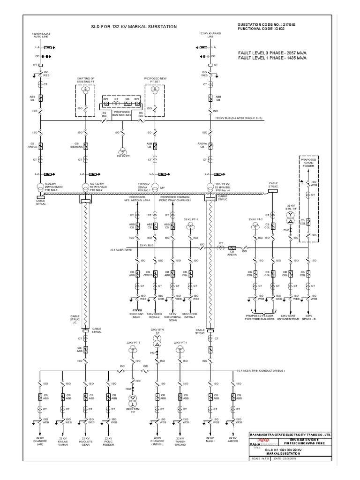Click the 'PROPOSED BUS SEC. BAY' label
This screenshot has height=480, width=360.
(x=121, y=114)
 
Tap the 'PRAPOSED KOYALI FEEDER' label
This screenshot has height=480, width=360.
(x=309, y=162)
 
